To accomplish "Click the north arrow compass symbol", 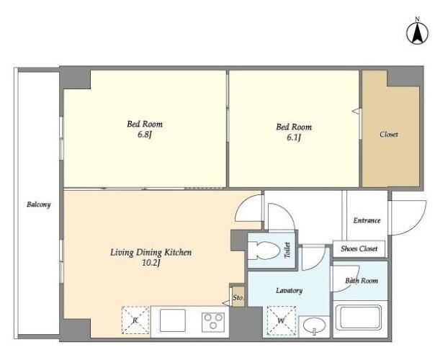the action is [417, 33].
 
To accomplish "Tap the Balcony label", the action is [39, 204].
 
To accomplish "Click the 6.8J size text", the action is [145, 135].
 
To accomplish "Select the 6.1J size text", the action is [294, 138].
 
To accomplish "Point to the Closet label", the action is [389, 134].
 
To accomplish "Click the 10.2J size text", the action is [151, 263].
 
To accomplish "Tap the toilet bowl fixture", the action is [264, 251].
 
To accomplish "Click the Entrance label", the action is [367, 220].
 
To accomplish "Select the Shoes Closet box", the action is [359, 249].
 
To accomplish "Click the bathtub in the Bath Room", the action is [358, 317].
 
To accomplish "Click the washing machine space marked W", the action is [282, 320].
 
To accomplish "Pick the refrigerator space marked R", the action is [135, 320].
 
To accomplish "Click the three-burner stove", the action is [213, 322].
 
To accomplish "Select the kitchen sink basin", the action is [173, 320].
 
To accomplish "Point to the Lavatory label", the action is [289, 290].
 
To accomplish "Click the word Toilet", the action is [287, 250].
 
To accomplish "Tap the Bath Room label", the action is [362, 281].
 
